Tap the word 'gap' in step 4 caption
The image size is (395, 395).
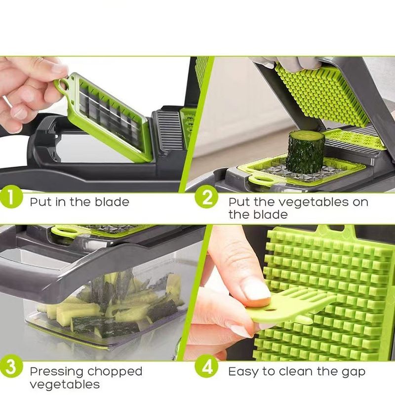point(353,372)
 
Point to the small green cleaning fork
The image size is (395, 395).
point(291,306)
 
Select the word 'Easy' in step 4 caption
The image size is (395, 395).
point(243,371)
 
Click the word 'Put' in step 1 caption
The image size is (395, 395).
point(39,202)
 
